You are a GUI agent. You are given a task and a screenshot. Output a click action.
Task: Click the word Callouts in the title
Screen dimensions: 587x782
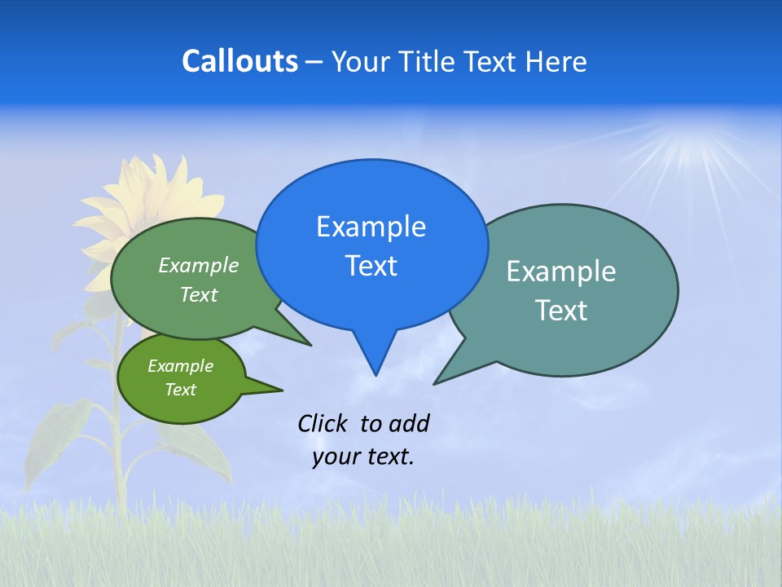coord(239,61)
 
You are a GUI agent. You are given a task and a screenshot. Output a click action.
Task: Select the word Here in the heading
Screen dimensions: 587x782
coord(557,62)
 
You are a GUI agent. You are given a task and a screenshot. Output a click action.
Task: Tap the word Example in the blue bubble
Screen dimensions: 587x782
coord(371,227)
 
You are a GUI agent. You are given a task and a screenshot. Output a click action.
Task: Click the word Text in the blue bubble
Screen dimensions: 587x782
coord(371,266)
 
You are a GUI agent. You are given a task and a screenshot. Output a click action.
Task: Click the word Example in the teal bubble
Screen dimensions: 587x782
coord(561,271)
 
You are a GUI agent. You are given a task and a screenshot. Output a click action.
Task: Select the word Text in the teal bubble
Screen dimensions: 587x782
coord(561,311)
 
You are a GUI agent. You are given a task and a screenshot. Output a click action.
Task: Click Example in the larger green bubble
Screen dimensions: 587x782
coord(199,265)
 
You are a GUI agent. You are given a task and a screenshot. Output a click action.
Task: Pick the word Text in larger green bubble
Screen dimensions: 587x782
coord(199,294)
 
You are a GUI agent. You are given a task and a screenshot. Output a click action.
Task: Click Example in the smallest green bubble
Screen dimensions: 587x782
coord(180,366)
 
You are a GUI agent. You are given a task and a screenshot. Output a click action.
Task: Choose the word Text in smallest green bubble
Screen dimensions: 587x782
coord(180,390)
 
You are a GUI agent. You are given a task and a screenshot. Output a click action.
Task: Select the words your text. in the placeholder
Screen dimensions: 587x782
coord(363,457)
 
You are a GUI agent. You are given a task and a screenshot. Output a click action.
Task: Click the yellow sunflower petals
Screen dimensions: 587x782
coord(155,196)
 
